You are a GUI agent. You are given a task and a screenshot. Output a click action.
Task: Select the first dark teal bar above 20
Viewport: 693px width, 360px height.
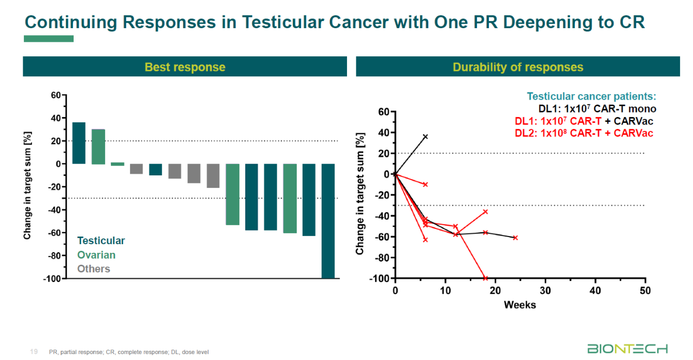click(x=79, y=143)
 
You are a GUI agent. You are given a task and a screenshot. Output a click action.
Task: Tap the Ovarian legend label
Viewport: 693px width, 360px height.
click(x=96, y=255)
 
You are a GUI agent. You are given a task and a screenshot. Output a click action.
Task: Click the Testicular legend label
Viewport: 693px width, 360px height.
click(x=101, y=241)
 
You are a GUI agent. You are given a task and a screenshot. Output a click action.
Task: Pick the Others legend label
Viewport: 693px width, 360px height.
click(x=94, y=269)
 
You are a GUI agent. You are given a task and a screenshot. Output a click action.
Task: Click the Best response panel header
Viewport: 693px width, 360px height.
click(x=185, y=67)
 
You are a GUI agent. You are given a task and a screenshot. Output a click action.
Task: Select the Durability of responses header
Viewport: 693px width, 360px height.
click(x=518, y=67)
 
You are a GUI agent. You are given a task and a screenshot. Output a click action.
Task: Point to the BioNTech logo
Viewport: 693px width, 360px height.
click(x=627, y=349)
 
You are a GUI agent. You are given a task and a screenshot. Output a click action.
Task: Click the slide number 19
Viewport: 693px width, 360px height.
click(x=34, y=352)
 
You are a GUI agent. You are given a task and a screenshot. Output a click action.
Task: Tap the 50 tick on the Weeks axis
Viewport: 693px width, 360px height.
click(x=645, y=291)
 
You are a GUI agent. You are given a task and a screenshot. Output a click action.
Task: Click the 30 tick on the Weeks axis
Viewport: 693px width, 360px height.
click(x=545, y=291)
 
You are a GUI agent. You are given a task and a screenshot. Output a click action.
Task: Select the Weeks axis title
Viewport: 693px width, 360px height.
click(x=520, y=305)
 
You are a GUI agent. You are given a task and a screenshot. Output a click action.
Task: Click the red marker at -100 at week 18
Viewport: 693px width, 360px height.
click(x=485, y=278)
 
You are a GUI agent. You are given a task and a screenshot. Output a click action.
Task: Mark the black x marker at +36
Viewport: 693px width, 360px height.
click(x=426, y=136)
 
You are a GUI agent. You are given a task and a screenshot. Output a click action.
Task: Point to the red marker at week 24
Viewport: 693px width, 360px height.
click(x=515, y=238)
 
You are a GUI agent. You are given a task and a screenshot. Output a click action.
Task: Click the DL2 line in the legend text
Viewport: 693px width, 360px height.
click(x=584, y=133)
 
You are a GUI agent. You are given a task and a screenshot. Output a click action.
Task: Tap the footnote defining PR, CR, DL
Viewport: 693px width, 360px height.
click(x=129, y=352)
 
